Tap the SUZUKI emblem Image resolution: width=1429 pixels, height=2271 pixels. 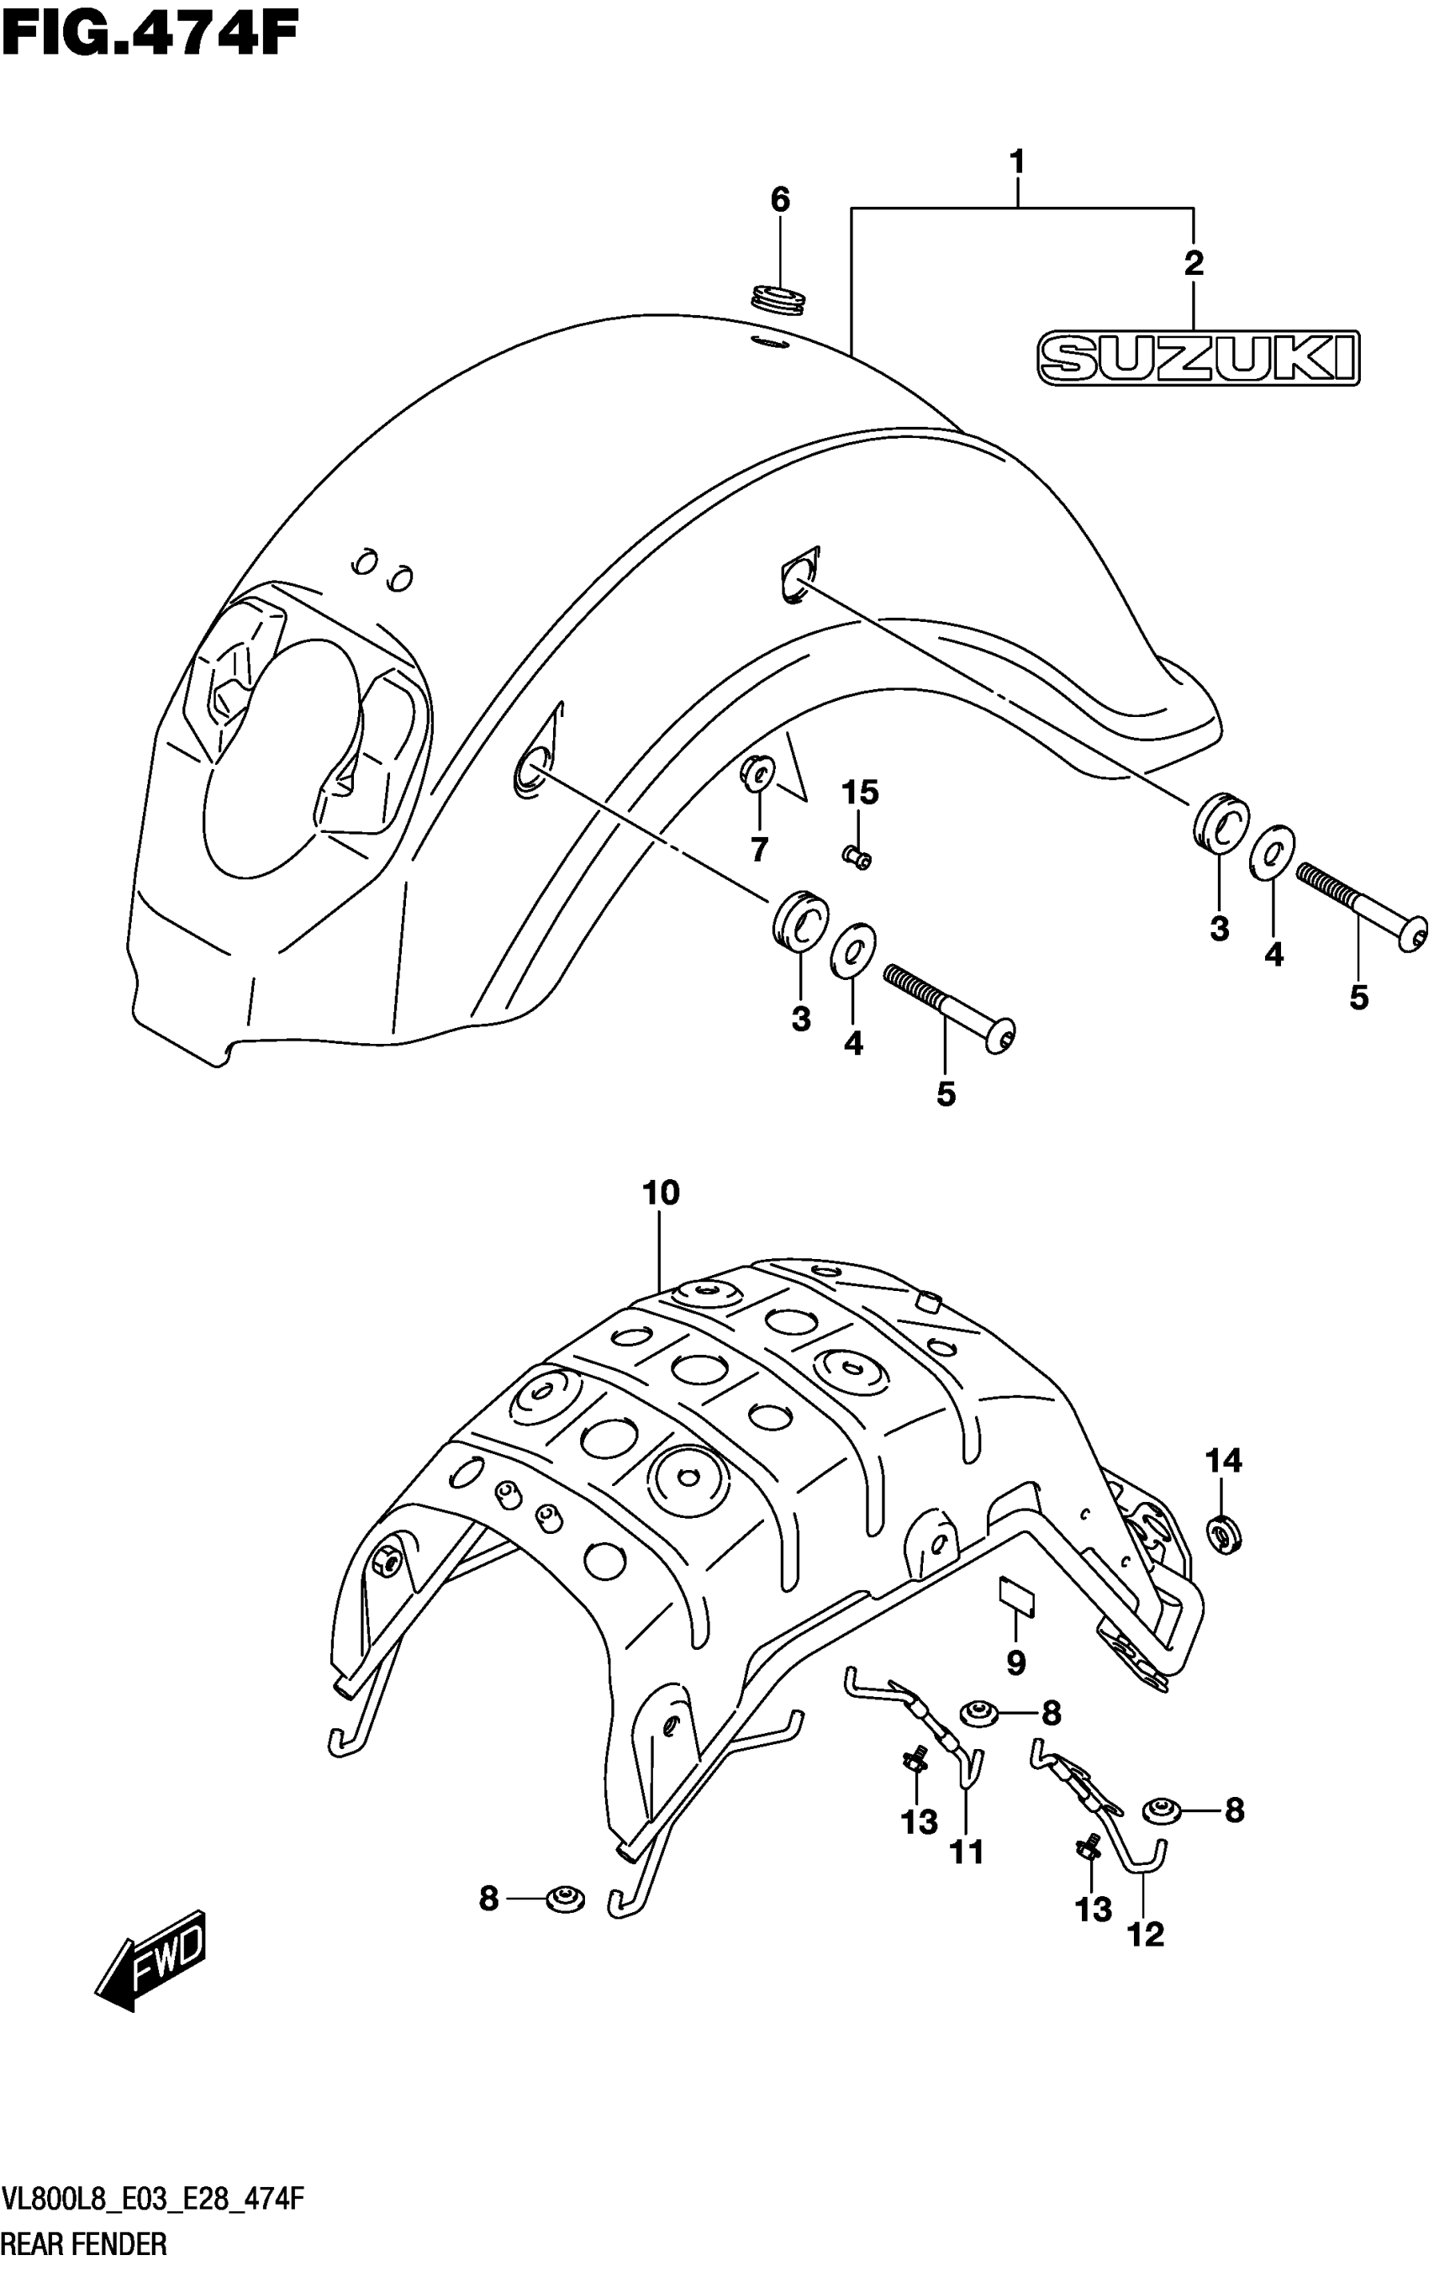click(1198, 358)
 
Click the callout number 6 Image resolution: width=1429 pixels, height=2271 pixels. click(779, 200)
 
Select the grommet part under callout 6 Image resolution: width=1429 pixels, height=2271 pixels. click(779, 299)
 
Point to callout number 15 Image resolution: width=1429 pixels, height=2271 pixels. click(859, 793)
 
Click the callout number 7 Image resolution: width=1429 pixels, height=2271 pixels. click(759, 850)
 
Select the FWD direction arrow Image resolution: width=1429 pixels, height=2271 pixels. click(151, 1954)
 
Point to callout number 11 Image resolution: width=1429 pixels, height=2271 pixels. click(967, 1852)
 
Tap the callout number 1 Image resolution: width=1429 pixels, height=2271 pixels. click(1017, 162)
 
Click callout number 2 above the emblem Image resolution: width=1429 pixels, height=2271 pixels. click(1194, 263)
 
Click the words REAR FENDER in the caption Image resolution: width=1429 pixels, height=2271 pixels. click(85, 2243)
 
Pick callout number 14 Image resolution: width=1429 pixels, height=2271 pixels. click(1223, 1461)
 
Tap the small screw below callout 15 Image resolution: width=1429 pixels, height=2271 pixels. click(857, 856)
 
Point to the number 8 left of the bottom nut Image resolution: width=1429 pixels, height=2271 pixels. click(488, 1899)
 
